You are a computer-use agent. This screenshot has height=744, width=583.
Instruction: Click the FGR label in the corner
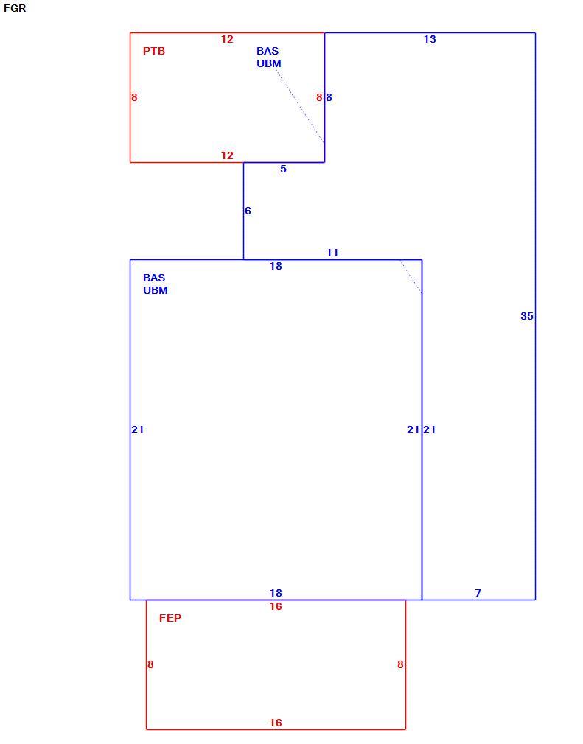coord(15,9)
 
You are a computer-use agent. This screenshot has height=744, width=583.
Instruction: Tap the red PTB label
coord(154,52)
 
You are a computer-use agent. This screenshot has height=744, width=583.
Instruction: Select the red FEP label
coord(170,618)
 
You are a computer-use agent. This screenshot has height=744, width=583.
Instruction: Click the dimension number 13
coord(430,39)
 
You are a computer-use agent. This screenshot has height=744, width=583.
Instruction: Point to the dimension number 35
coord(526,316)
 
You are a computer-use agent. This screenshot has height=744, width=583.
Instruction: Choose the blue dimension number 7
coord(478,593)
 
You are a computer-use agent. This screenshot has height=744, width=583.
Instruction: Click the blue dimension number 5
coord(284,169)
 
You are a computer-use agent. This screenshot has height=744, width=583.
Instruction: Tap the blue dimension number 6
coord(248,211)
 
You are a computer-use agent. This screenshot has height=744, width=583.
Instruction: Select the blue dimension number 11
coord(332,253)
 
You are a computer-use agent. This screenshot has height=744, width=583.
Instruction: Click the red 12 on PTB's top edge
coord(227,39)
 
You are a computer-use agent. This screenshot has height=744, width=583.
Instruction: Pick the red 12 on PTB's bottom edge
coord(227,155)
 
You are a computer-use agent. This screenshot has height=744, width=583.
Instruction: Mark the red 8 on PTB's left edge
coord(134,97)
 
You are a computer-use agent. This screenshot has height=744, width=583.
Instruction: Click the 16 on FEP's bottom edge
coord(276,723)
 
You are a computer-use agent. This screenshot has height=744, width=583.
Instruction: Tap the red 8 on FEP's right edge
coord(400,664)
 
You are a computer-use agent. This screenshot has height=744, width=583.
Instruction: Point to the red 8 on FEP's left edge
coord(150,664)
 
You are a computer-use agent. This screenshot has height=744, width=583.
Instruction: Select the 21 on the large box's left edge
coord(138,429)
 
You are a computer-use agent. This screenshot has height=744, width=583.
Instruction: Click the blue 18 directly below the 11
coord(276,266)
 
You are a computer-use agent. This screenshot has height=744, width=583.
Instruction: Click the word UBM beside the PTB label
coord(269,63)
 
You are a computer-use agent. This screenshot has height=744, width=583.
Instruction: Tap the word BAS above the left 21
coord(154,278)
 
